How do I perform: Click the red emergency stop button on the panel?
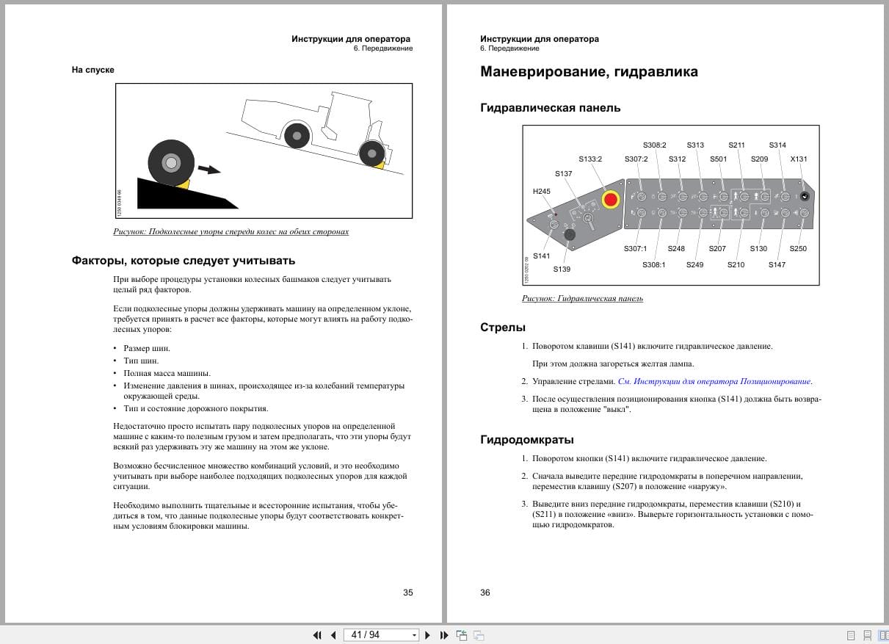[611, 199]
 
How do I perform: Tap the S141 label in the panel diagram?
[542, 256]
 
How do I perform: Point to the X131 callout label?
[798, 159]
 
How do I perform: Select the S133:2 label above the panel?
[590, 159]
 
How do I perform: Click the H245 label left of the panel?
[541, 192]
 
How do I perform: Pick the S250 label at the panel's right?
[797, 249]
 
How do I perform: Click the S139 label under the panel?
[562, 269]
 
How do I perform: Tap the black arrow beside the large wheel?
[209, 170]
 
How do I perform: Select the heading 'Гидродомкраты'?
[526, 440]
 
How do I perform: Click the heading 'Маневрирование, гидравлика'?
[589, 72]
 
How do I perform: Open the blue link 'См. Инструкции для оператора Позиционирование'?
[715, 382]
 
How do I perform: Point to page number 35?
[408, 593]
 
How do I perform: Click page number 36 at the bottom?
[485, 593]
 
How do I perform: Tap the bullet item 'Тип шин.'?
[141, 361]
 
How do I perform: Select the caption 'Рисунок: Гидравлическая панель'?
[582, 299]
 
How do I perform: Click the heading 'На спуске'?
[93, 70]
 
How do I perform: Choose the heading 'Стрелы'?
[503, 328]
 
